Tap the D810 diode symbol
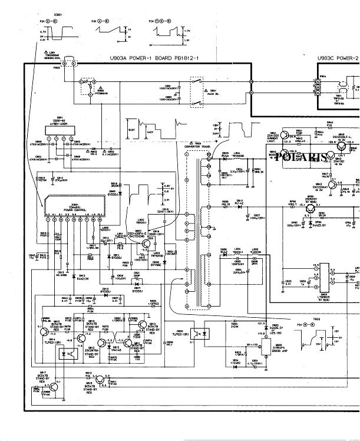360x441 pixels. [240, 207]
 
